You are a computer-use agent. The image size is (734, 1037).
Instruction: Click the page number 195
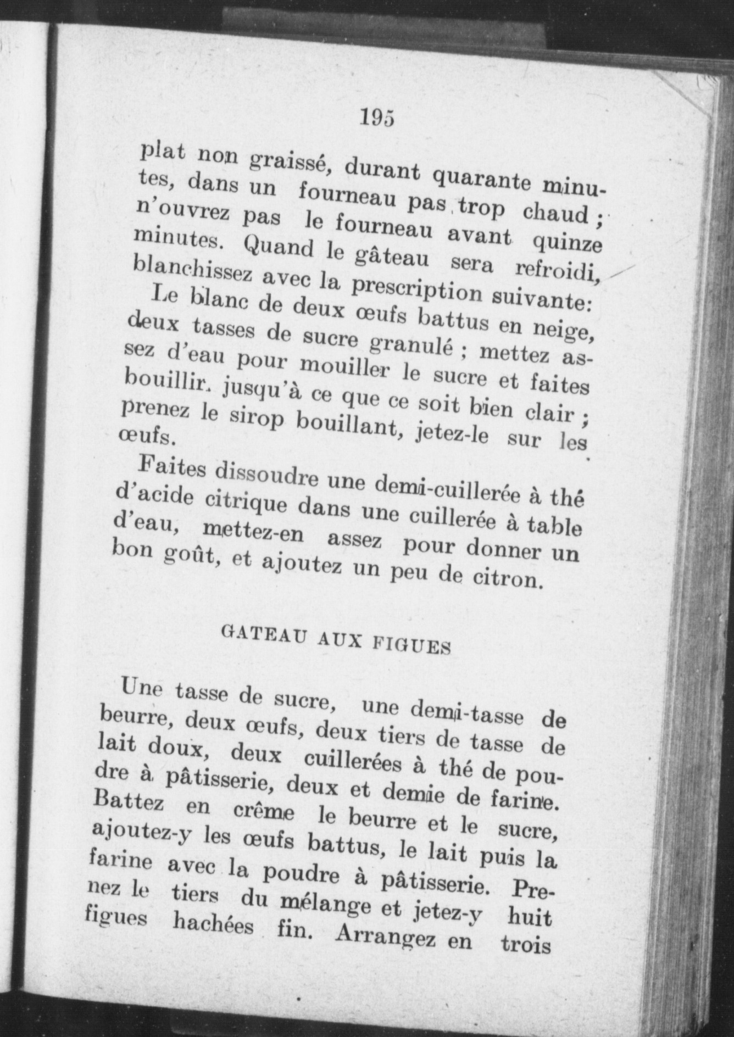click(377, 118)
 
